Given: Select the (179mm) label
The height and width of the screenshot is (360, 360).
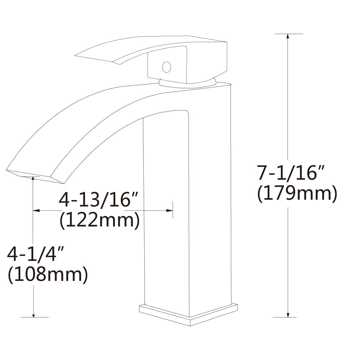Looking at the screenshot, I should click(296, 194).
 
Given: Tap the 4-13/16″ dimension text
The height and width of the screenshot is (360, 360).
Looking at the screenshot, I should click(98, 200).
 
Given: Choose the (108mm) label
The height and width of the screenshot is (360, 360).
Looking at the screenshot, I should click(47, 275).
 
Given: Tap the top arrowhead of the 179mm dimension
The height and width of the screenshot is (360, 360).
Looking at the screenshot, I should click(288, 36).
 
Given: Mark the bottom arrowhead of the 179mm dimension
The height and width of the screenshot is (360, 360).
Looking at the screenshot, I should click(288, 315).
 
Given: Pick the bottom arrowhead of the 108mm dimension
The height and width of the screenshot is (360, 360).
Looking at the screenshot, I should click(34, 315).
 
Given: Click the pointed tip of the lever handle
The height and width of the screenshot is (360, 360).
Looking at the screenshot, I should click(77, 55).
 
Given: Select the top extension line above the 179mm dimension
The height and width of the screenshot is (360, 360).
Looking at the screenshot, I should click(288, 34).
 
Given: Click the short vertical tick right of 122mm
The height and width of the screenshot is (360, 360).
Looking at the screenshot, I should click(173, 210).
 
